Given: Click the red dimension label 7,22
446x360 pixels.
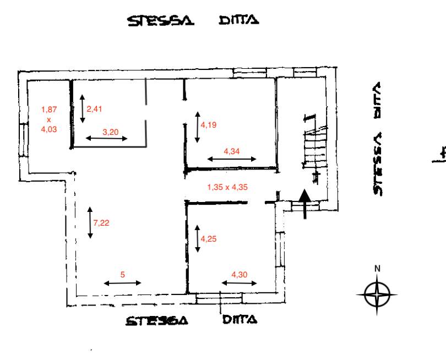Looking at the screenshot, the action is click(x=101, y=222).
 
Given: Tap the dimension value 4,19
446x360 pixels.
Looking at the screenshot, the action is click(x=209, y=125).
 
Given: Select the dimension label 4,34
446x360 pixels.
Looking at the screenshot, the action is click(x=231, y=151).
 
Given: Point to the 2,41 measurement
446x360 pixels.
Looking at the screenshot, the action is click(x=94, y=109).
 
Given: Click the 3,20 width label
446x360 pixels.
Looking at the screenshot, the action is click(x=110, y=132).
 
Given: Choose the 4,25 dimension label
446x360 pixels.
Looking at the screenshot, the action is click(x=209, y=239).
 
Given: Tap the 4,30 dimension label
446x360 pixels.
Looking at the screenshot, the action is click(x=239, y=275).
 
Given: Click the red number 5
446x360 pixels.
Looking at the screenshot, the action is click(x=123, y=275).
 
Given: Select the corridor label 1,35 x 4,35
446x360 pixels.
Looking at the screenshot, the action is click(x=227, y=187).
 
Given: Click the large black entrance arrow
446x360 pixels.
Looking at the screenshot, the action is click(x=305, y=204).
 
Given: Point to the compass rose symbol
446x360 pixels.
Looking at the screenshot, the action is click(x=377, y=294).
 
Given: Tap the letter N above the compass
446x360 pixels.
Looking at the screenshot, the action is click(x=378, y=269).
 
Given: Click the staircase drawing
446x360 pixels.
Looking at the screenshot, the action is click(x=314, y=148).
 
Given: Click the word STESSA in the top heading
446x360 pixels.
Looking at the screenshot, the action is click(x=161, y=21).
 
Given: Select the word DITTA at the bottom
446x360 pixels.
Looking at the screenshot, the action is click(x=240, y=320).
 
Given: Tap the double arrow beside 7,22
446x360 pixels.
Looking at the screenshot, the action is click(x=90, y=222).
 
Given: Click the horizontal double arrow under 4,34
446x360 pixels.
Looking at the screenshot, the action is click(x=232, y=159).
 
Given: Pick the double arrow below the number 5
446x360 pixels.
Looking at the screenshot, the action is click(x=123, y=283).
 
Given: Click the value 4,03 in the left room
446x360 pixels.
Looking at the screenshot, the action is click(x=49, y=129).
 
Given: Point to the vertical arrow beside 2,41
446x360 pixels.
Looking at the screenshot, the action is click(x=83, y=108).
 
